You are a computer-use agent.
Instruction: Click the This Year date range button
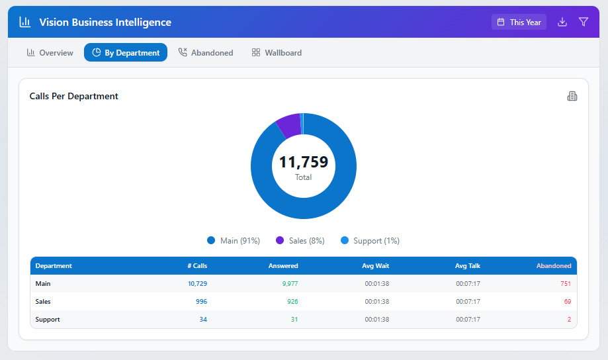pos(519,22)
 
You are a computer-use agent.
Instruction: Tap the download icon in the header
pos(562,22)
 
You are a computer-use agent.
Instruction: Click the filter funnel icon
pos(584,22)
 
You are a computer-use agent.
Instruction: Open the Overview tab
pos(50,53)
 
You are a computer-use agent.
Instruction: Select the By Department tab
pos(126,53)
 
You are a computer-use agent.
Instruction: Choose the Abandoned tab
pos(206,53)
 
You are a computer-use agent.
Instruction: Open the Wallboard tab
pos(277,53)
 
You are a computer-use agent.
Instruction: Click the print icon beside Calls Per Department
pos(572,96)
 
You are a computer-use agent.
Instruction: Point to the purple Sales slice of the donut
pos(289,124)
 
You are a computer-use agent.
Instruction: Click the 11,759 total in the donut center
pos(303,162)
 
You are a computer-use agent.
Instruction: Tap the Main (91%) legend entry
pos(233,241)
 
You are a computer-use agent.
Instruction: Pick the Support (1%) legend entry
pos(370,241)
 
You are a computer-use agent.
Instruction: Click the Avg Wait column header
pos(375,266)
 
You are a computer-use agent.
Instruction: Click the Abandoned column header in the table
pos(553,266)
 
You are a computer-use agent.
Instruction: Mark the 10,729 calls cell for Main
pos(197,284)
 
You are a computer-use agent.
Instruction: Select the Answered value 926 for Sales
pos(292,302)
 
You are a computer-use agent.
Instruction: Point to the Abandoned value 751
pos(565,284)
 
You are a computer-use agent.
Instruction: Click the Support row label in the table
pos(48,320)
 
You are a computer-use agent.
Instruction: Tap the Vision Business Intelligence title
pos(105,22)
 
